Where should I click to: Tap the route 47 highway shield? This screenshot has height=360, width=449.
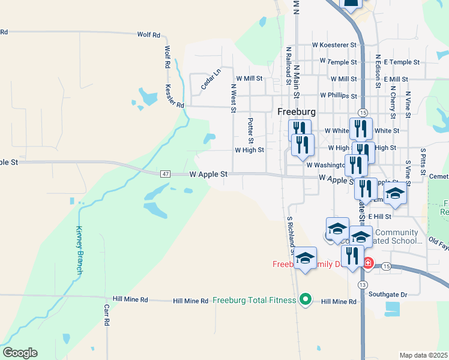166,174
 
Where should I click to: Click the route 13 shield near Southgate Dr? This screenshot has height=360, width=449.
362,284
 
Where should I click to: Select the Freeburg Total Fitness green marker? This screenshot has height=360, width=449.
306,299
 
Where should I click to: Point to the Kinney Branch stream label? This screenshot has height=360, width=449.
79,250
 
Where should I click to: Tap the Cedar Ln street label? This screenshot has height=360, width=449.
211,80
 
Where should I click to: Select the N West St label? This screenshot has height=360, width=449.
233,98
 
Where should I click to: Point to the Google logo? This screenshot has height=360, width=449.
20,353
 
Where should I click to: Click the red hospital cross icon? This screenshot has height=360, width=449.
367,263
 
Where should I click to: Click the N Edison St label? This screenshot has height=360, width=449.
378,71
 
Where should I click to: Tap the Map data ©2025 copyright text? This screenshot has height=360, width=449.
423,355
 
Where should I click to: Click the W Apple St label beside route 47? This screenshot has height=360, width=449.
208,174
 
